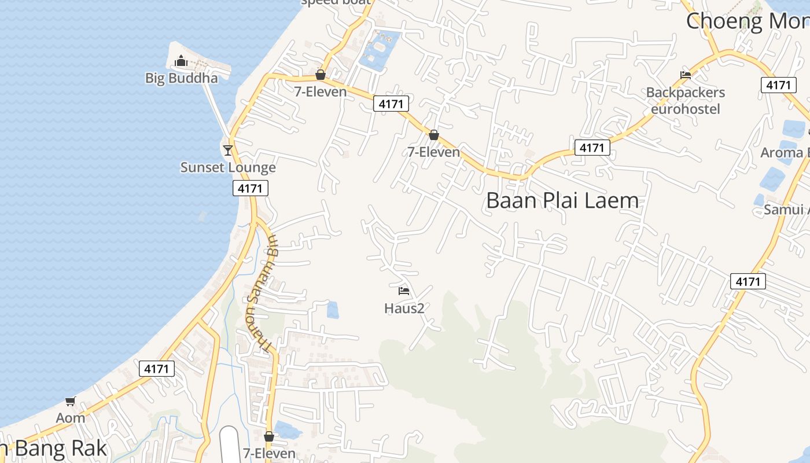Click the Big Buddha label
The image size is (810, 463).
coord(181,78)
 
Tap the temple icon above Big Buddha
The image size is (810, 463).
coord(181,61)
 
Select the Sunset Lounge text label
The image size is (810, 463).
coord(228,168)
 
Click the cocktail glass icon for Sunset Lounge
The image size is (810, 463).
coord(228,150)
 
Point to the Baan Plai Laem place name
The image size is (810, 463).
coord(562,201)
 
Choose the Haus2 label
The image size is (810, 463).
coord(404,308)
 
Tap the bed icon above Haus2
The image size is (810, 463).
coord(404,291)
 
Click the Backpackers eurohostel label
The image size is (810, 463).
coord(686,100)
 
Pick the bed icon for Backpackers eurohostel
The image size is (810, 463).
coord(686,75)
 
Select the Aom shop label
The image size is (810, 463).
coord(71,418)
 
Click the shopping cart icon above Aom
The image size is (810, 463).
coord(71,401)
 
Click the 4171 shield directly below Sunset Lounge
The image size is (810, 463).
coord(251,188)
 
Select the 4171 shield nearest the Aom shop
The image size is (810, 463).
coord(157,369)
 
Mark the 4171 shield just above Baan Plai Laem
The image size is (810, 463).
coord(592,148)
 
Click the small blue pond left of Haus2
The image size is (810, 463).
coord(333,310)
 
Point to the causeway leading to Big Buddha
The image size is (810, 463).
coord(217,110)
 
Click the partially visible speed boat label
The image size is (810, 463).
coord(336,2)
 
